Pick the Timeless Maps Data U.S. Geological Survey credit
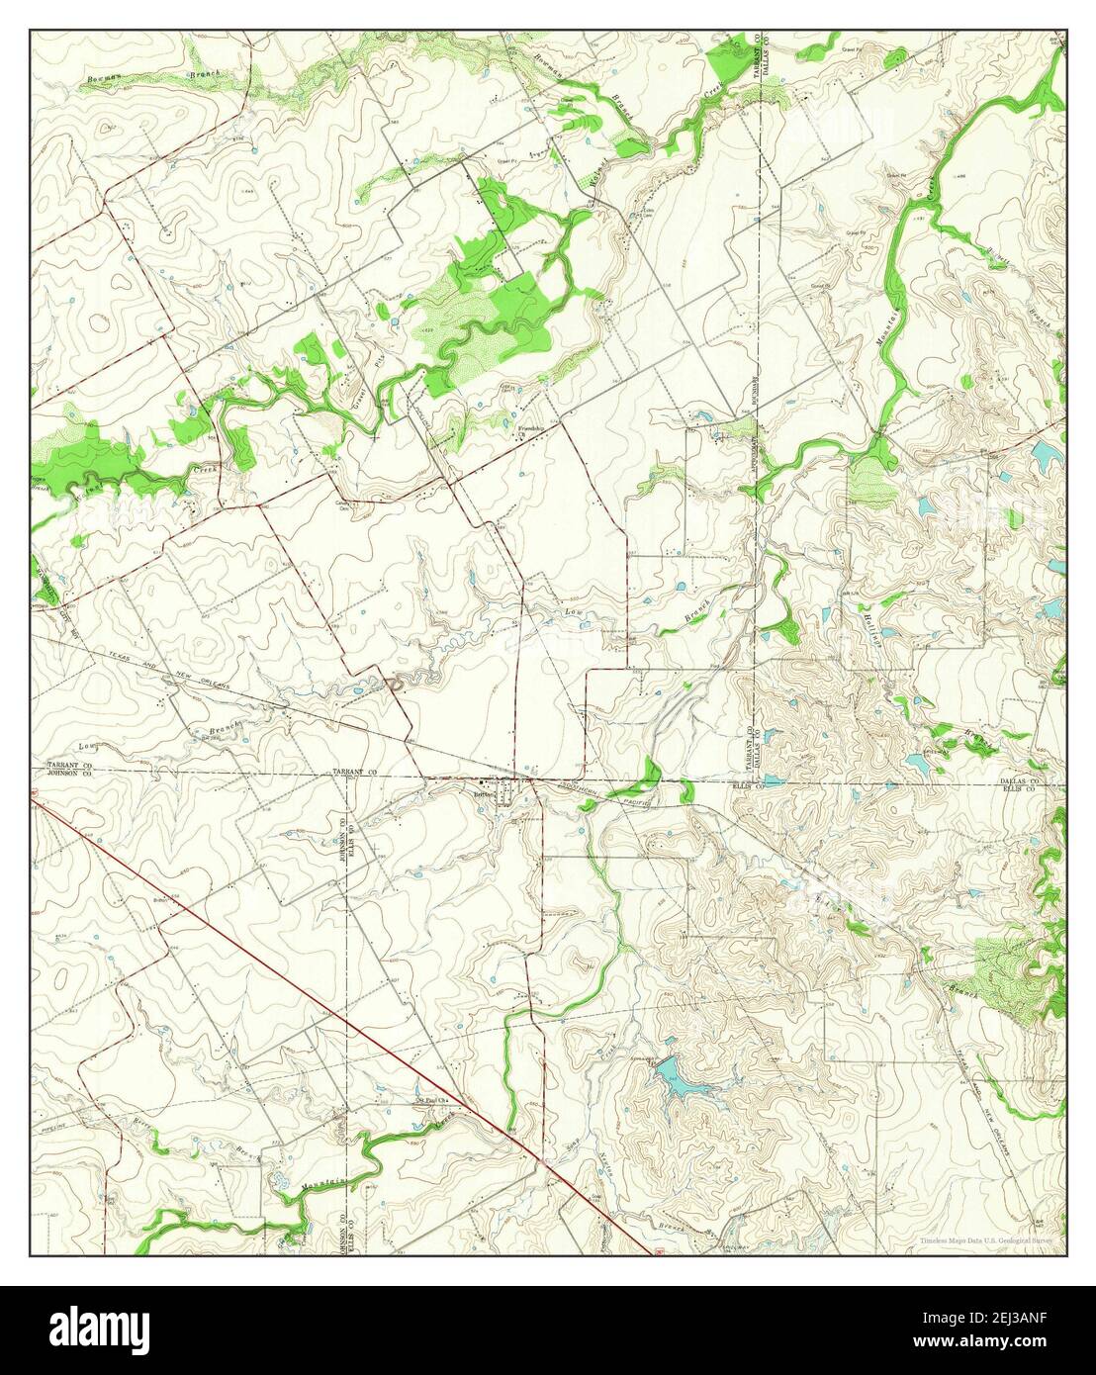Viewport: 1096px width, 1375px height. click(989, 1239)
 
